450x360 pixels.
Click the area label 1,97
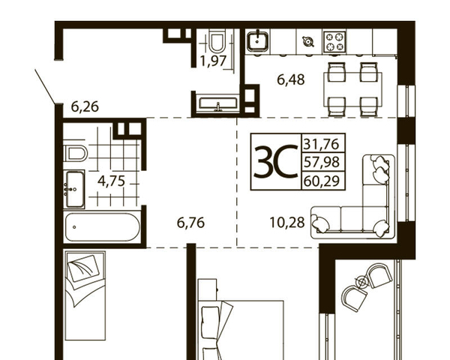[214, 61]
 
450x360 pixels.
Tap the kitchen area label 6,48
[291, 79]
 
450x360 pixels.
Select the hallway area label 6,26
[85, 107]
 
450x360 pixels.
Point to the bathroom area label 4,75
[111, 181]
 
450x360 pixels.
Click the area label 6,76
[190, 223]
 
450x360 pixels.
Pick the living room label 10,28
[287, 223]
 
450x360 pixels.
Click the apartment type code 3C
[276, 162]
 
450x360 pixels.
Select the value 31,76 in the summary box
[322, 143]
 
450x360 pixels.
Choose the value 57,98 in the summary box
[322, 162]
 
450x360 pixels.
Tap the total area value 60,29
[322, 181]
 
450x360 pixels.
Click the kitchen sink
[258, 42]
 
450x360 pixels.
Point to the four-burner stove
[334, 42]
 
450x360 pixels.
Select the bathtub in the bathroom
[103, 227]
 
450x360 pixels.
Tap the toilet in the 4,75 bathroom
[75, 153]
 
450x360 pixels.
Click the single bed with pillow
[85, 295]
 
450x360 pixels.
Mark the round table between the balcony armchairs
[362, 282]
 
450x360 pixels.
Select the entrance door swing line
[45, 86]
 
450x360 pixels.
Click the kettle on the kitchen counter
[308, 42]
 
